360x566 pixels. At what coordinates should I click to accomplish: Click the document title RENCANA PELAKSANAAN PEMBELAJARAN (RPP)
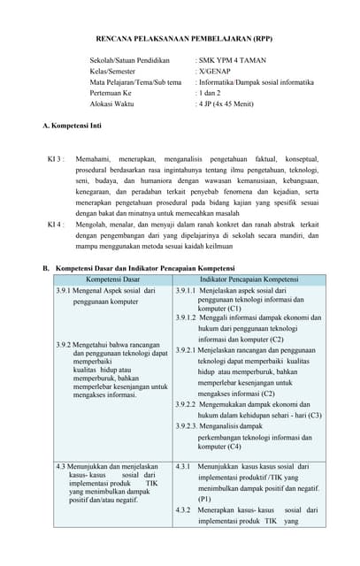[184, 39]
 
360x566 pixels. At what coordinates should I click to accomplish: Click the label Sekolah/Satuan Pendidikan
[129, 61]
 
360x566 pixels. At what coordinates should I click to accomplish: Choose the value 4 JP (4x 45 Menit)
[226, 103]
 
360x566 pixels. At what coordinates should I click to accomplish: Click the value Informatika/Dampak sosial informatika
[255, 82]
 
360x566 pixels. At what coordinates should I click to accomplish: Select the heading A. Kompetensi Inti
[72, 126]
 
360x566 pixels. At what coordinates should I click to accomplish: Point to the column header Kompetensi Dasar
[112, 279]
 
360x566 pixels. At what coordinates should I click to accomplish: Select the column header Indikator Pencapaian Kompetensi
[249, 279]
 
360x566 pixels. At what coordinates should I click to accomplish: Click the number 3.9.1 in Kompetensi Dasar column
[65, 290]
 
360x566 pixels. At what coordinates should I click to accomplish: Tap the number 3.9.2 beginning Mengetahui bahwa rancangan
[65, 345]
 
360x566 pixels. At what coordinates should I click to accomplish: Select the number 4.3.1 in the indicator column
[184, 466]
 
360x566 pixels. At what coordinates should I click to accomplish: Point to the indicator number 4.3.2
[184, 510]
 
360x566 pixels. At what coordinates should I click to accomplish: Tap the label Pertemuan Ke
[111, 93]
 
